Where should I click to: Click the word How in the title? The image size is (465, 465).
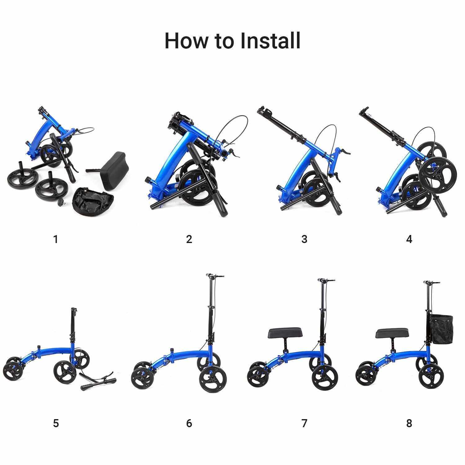click(x=185, y=40)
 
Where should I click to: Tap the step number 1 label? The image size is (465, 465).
click(x=56, y=239)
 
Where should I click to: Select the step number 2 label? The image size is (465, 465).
click(x=189, y=239)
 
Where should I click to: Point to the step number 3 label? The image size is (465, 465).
click(x=304, y=239)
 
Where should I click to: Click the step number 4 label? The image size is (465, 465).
click(x=409, y=239)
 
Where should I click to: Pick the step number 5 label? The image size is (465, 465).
click(x=56, y=423)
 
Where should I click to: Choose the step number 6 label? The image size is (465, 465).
click(x=189, y=423)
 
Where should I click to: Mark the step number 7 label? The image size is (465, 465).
click(x=304, y=423)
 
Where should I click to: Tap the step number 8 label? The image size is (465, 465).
click(x=409, y=423)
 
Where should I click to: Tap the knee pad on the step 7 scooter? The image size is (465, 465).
click(x=289, y=334)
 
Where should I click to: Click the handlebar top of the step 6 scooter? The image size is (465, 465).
click(x=215, y=276)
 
